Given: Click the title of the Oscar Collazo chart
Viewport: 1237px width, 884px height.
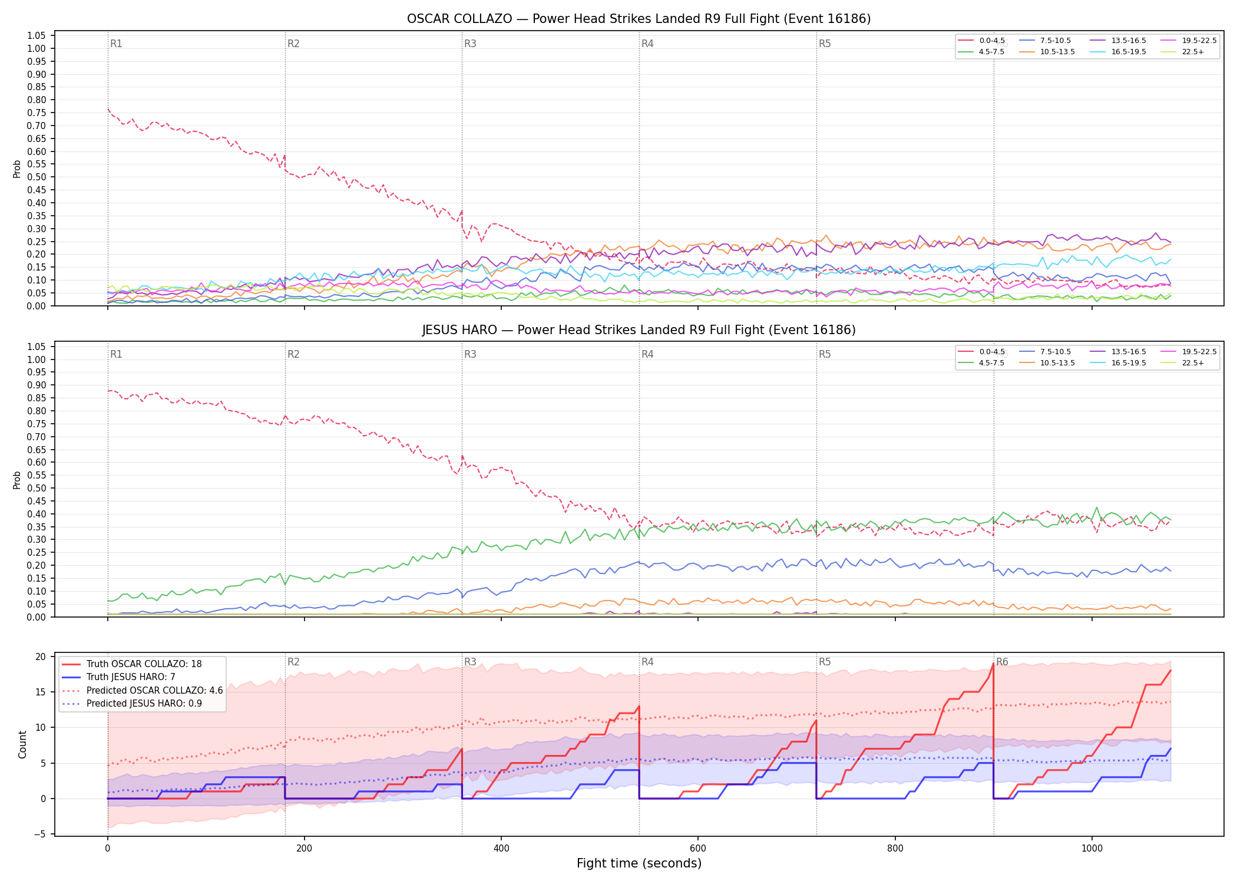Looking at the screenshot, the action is point(639,19).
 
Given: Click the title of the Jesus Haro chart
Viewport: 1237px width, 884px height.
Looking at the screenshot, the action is point(639,330).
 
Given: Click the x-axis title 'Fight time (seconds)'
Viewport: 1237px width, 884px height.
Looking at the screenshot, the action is point(639,863).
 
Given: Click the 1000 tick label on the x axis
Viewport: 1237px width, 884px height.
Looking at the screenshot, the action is point(1092,848).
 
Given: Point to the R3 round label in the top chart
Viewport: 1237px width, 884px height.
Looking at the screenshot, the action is point(470,44).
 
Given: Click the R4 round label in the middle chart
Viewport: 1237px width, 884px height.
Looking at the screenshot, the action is point(647,354).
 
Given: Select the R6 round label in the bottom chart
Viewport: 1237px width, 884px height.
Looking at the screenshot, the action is point(1002,662).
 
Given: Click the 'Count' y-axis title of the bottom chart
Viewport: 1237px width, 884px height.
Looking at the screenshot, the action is point(23,744).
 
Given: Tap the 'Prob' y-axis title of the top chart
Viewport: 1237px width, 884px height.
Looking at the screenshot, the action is point(17,169).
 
